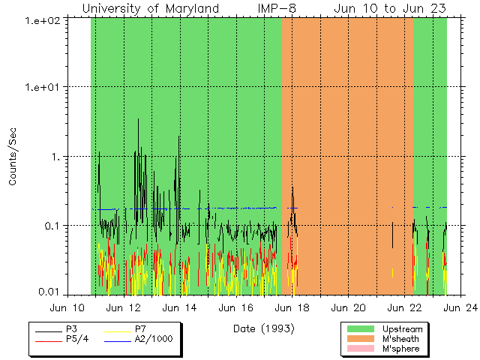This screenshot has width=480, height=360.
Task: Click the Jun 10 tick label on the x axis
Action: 67,307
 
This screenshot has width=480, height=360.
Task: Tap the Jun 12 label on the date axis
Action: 124,307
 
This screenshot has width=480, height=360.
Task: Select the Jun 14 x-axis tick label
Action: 180,307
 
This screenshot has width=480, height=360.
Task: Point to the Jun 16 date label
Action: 236,307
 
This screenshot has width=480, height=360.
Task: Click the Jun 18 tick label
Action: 292,307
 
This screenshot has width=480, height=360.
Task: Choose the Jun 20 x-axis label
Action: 349,307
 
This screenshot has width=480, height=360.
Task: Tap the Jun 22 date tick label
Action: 405,307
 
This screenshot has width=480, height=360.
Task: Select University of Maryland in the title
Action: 151,8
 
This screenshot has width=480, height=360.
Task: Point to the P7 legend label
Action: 139,329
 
